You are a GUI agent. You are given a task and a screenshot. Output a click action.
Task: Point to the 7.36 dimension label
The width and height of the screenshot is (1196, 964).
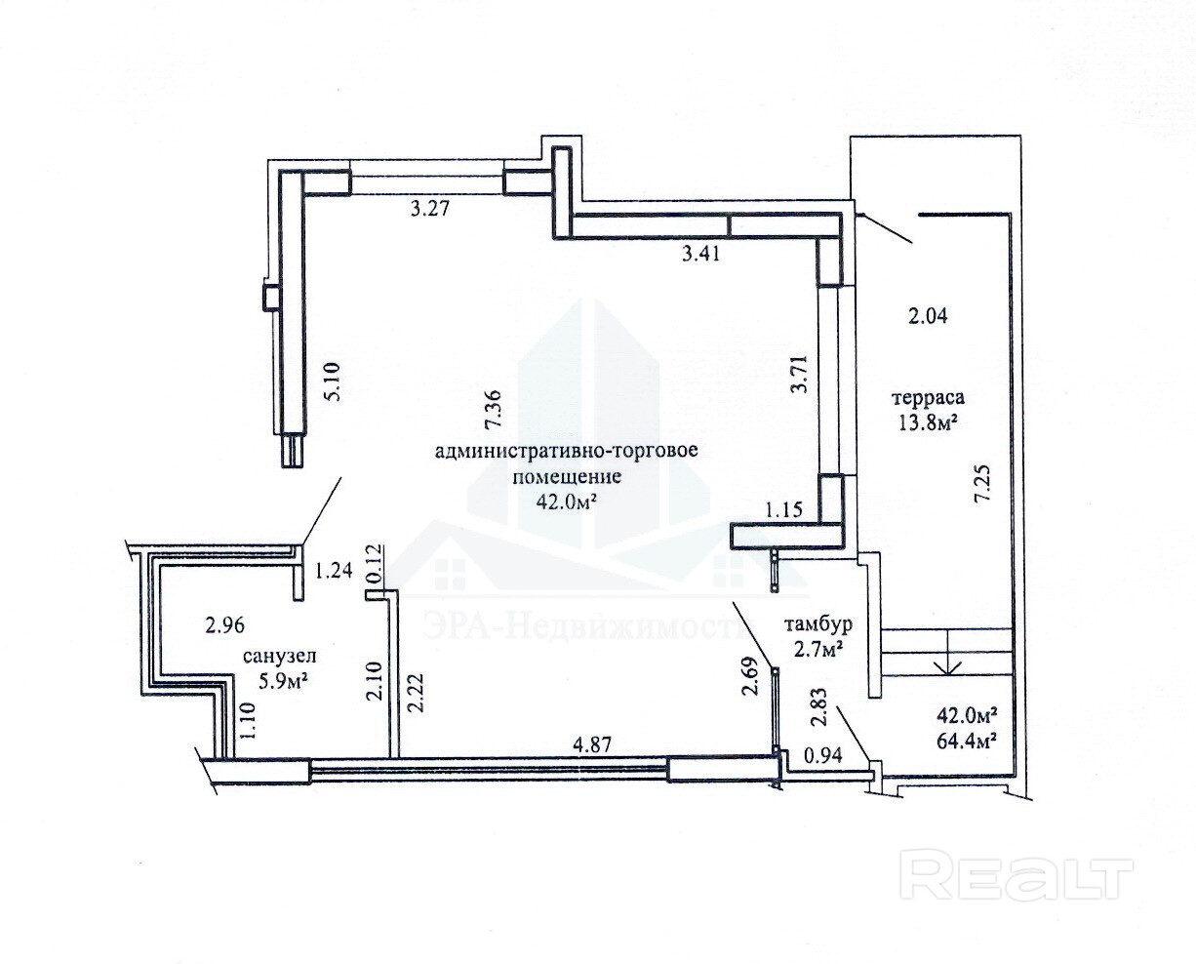tap(494, 410)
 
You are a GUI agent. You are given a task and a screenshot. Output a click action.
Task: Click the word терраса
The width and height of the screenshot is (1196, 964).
tap(928, 398)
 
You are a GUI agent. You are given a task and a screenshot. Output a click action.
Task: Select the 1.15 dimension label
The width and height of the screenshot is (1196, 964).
tap(782, 508)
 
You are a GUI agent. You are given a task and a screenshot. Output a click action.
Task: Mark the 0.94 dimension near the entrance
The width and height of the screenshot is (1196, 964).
tap(821, 753)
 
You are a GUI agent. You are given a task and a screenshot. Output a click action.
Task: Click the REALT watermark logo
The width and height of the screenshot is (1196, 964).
tap(1016, 874)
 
